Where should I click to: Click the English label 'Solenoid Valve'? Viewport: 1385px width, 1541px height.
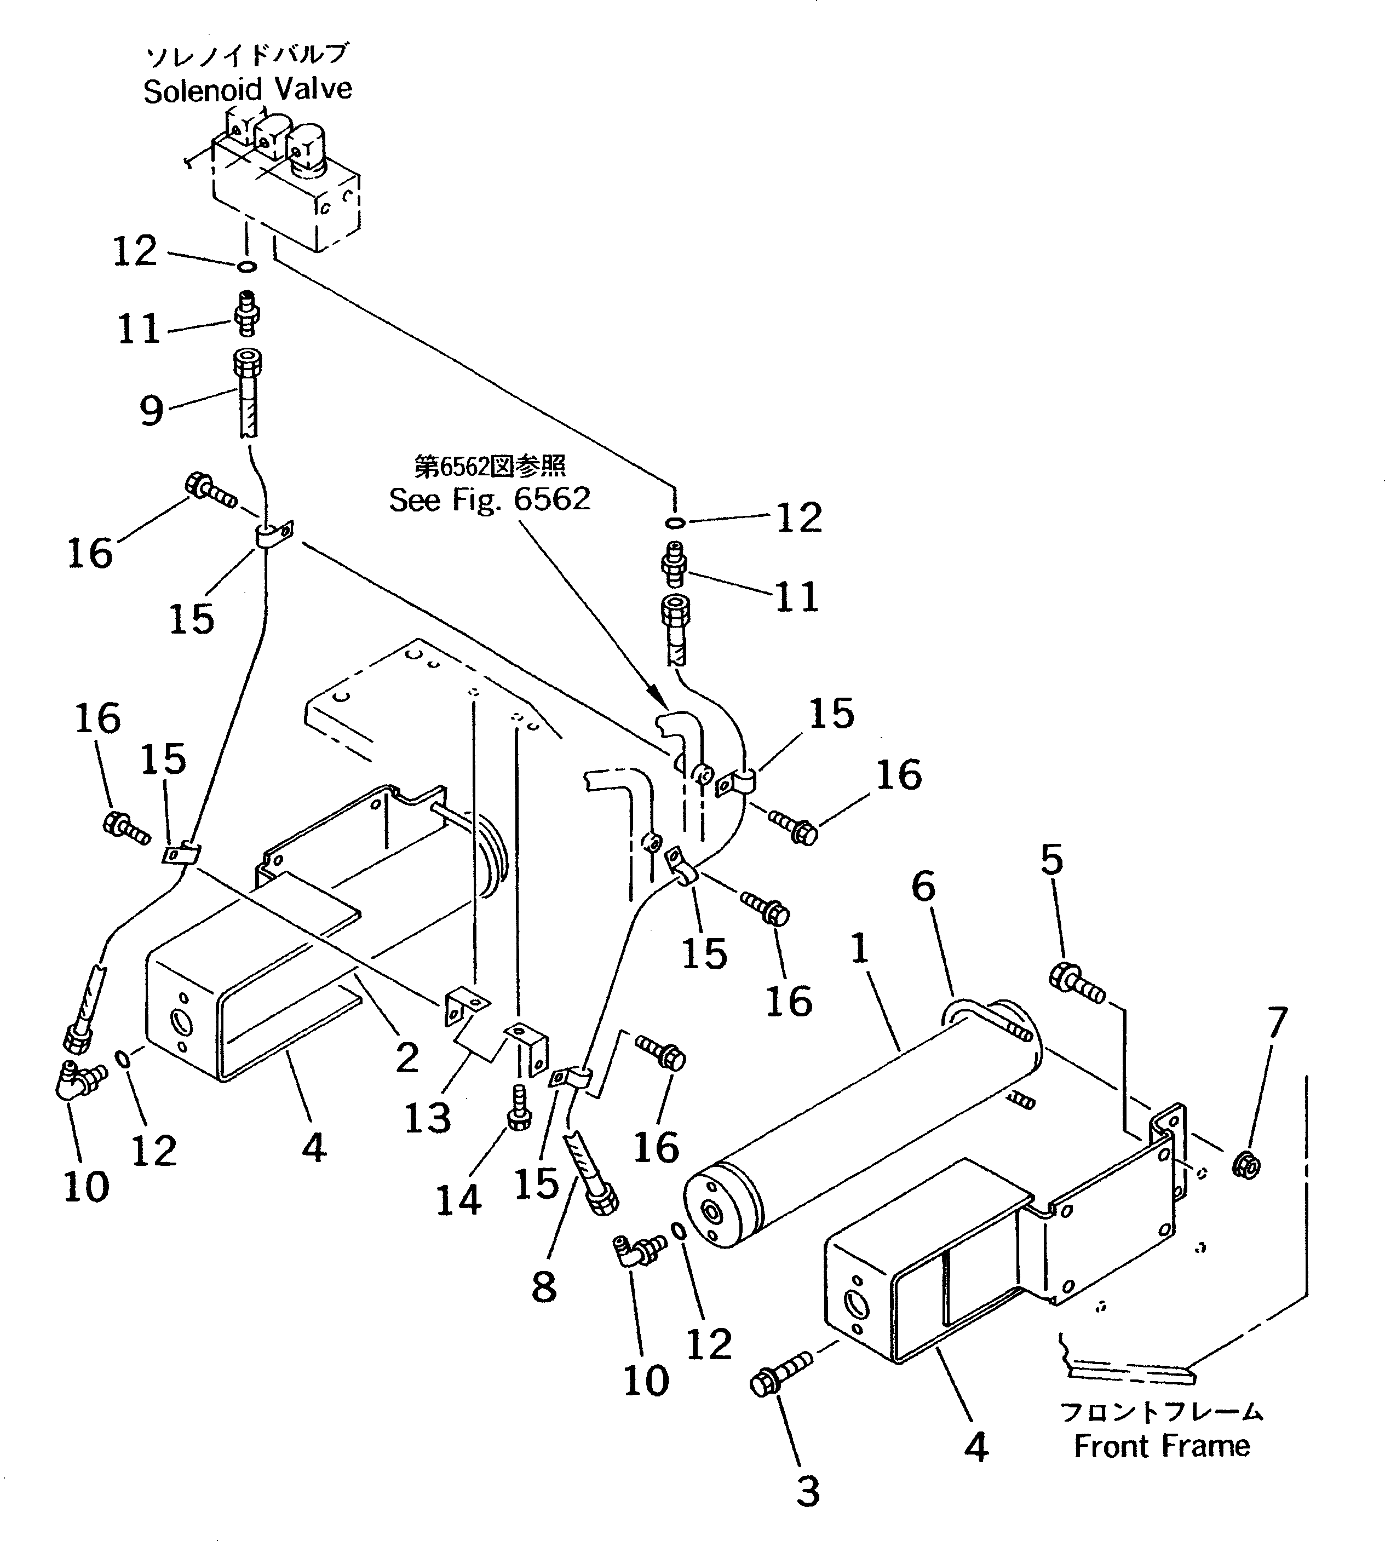click(248, 90)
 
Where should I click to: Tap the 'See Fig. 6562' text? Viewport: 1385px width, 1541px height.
click(489, 500)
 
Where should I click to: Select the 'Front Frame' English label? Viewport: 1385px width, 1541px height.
click(1161, 1446)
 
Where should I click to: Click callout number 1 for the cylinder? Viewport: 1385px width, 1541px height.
click(860, 948)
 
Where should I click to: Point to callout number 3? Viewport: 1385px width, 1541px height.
click(807, 1492)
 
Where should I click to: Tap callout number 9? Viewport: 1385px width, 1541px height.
click(152, 411)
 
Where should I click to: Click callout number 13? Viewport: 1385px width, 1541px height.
click(427, 1118)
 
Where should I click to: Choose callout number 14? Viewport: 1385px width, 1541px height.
click(458, 1200)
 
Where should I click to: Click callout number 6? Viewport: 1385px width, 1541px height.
click(923, 887)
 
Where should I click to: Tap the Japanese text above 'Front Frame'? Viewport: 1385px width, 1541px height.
click(1161, 1412)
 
